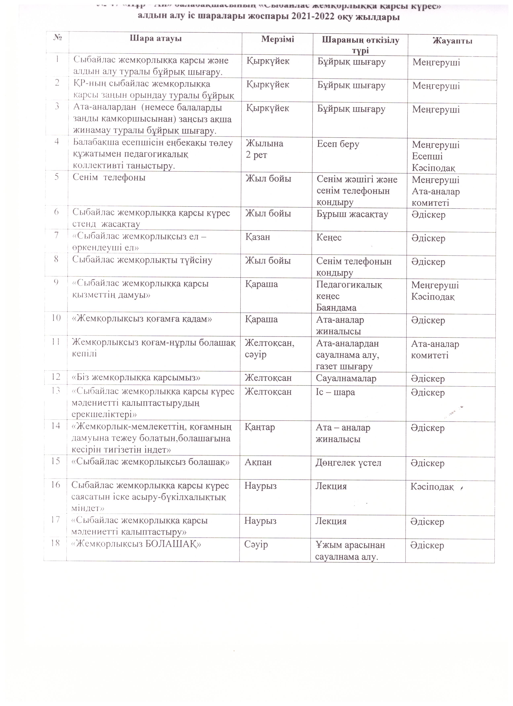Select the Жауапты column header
point(452,41)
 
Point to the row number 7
point(56,235)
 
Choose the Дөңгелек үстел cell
point(348,463)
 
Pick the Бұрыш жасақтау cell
point(352,214)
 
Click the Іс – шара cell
point(335,392)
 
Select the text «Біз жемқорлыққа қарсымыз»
point(136,378)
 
